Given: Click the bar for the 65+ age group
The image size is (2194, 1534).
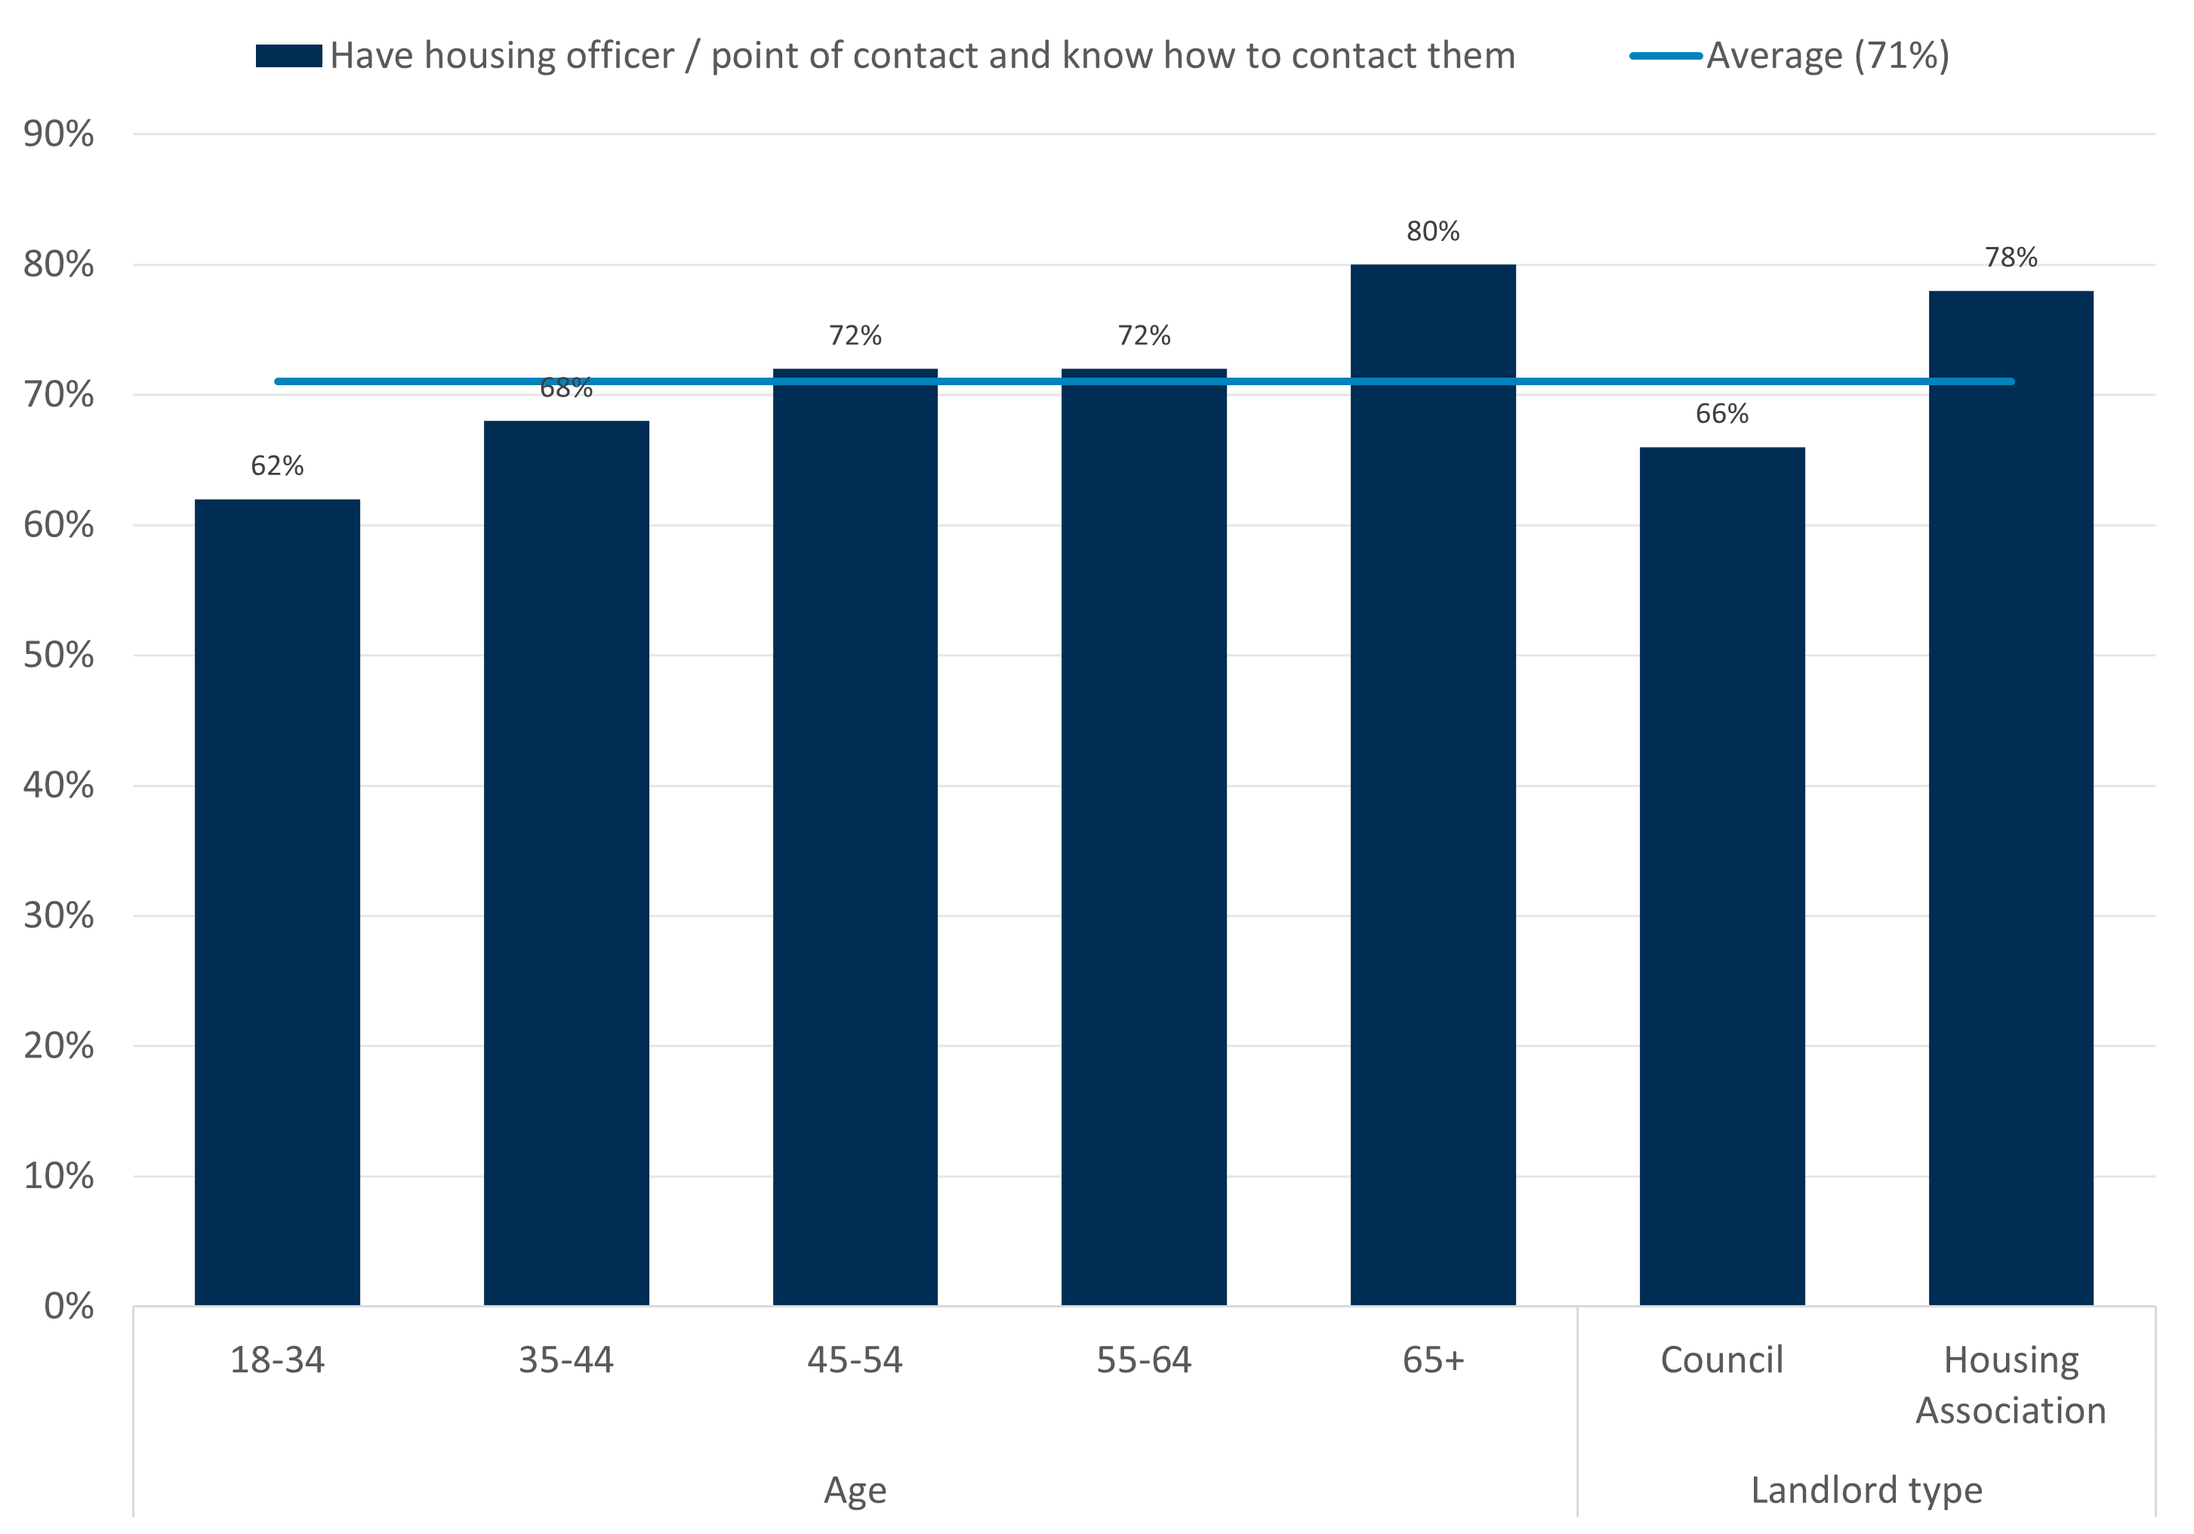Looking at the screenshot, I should tap(1432, 784).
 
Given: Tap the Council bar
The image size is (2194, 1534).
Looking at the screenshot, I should tap(1722, 875).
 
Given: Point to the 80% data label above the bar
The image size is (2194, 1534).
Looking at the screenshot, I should tap(1432, 231).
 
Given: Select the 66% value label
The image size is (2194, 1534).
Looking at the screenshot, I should tap(1722, 414).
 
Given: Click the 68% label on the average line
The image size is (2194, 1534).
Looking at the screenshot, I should tap(565, 388).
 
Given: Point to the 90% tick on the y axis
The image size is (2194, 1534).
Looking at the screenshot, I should tap(59, 134).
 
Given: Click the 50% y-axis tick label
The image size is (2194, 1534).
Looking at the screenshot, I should tap(59, 655).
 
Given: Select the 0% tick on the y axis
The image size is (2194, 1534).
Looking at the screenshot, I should tap(69, 1306).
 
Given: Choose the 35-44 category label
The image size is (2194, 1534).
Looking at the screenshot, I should tap(565, 1359).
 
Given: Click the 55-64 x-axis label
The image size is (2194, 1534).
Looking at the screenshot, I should tap(1144, 1359).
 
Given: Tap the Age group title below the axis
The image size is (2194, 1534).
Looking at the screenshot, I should tap(855, 1489).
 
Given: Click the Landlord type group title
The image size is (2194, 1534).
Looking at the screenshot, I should tap(1866, 1489).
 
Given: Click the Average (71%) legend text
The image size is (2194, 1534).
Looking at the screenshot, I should tap(1827, 55).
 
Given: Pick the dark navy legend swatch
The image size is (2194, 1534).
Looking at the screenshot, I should tap(288, 55).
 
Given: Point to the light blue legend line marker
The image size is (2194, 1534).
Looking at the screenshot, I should tap(1666, 55).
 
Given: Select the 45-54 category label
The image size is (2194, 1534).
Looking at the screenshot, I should tap(855, 1359).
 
